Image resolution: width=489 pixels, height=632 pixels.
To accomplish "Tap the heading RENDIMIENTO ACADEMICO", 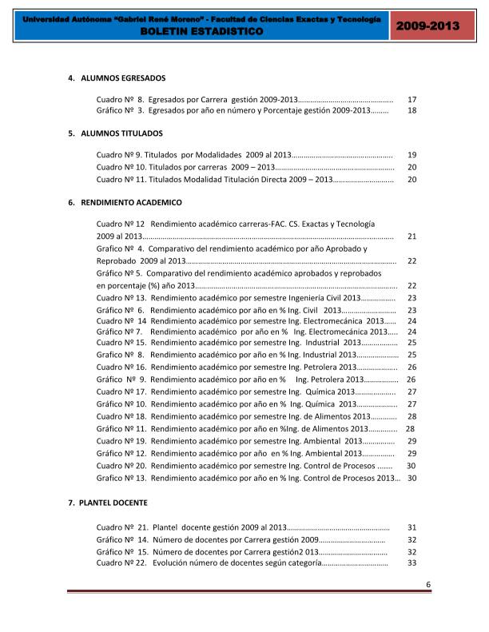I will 131,203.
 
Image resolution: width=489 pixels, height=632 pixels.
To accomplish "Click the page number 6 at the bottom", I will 428,585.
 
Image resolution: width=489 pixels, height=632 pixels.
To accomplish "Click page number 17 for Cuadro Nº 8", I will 412,99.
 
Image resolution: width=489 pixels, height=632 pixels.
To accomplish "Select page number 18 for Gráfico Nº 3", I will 412,111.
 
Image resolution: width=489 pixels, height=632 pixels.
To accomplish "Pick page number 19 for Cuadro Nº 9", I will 412,155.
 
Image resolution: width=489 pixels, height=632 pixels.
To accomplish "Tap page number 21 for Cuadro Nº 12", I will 412,237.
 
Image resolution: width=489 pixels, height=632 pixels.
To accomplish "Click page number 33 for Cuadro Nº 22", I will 412,563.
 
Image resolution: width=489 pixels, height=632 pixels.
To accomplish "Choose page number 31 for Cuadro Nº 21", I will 412,527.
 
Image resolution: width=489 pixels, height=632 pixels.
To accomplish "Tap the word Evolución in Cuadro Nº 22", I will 170,563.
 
